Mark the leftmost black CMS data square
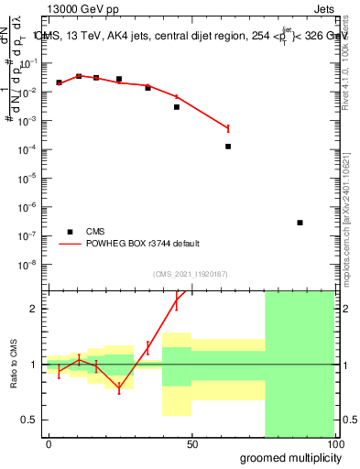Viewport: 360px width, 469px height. click(x=59, y=82)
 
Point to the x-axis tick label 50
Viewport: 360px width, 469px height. click(x=192, y=444)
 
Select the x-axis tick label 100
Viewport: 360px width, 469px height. click(x=333, y=444)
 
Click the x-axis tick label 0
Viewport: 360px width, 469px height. click(x=49, y=444)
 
